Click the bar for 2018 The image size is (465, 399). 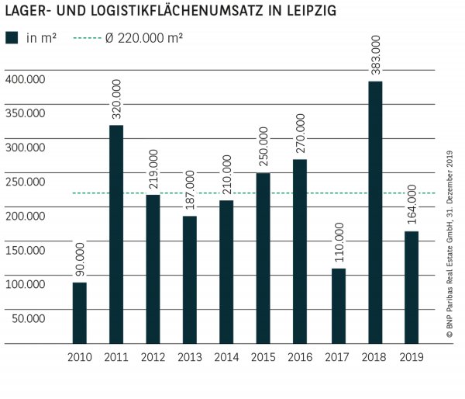click(x=375, y=212)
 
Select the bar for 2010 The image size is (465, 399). click(x=80, y=312)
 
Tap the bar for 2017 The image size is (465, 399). click(x=338, y=306)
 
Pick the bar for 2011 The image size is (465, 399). click(x=116, y=234)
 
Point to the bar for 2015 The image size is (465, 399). click(x=263, y=258)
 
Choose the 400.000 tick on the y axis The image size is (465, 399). click(x=25, y=79)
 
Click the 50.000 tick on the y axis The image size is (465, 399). click(x=28, y=317)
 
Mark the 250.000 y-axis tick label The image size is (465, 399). click(x=25, y=182)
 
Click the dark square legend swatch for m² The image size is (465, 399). click(x=12, y=37)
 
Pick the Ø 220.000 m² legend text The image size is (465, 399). click(x=143, y=37)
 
